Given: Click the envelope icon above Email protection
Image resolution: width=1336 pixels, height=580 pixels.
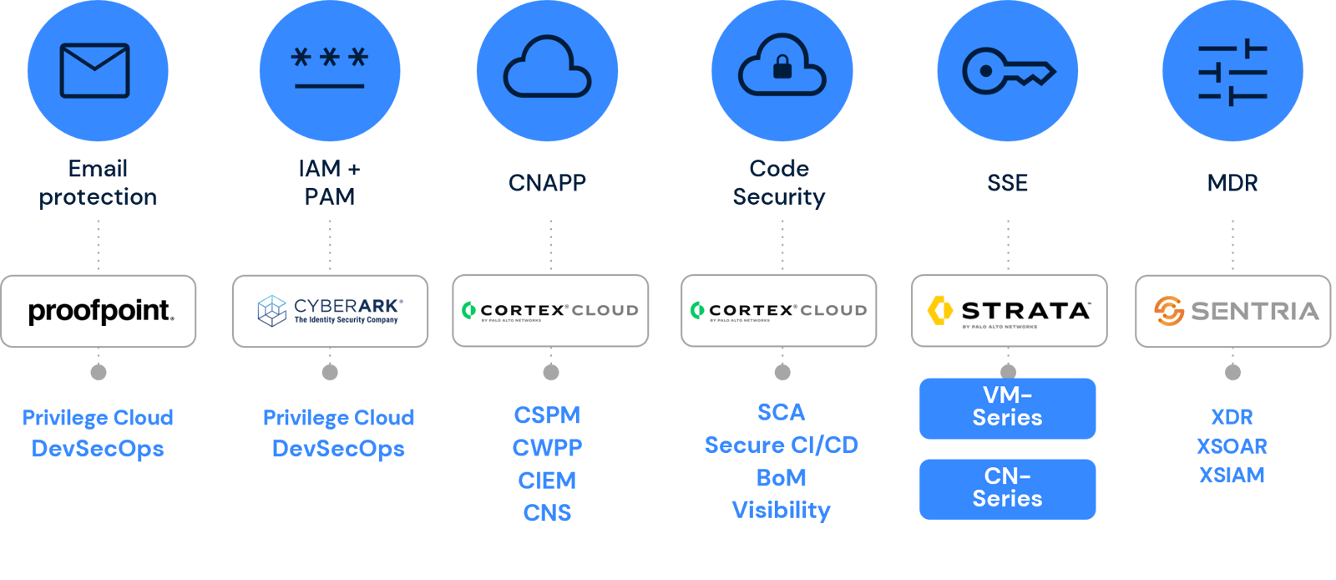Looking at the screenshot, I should (x=94, y=71).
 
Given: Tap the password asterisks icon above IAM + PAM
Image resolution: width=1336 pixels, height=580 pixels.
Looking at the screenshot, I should (x=329, y=69).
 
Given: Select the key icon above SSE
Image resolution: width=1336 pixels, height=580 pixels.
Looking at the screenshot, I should (x=1008, y=71).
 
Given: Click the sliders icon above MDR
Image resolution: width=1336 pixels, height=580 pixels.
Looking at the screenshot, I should (x=1232, y=72).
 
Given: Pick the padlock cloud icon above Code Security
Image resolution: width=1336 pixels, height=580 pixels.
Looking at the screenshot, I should (x=782, y=66).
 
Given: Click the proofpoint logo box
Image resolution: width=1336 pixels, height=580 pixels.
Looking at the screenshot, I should (x=99, y=311).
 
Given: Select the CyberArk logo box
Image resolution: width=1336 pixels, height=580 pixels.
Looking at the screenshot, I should (x=330, y=311).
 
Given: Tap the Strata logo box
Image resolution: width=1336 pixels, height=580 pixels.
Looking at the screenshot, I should (x=1009, y=311).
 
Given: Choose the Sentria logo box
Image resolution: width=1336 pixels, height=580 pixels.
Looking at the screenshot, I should (x=1232, y=311).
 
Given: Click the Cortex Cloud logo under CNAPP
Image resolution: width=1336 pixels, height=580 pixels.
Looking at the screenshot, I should (x=550, y=311).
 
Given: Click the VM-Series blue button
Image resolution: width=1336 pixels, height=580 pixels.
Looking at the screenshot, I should (x=1007, y=407).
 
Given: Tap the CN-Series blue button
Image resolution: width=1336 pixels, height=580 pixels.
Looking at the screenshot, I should (x=1007, y=488).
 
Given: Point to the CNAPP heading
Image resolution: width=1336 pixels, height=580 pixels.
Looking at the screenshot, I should (x=547, y=183).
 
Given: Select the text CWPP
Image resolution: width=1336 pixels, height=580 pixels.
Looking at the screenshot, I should (x=547, y=448).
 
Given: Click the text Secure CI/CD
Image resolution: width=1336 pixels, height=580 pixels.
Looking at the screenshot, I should (x=781, y=445).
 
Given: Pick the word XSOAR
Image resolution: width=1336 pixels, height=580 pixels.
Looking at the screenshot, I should (x=1232, y=446).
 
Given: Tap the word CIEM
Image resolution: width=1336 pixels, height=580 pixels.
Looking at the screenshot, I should (x=547, y=481).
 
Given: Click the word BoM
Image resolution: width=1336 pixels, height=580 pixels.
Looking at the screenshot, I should (x=781, y=478).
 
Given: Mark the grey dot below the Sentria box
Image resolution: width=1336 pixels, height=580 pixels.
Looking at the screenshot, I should (x=1232, y=372).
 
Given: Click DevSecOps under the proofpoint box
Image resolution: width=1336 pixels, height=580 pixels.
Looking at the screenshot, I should (x=98, y=449).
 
